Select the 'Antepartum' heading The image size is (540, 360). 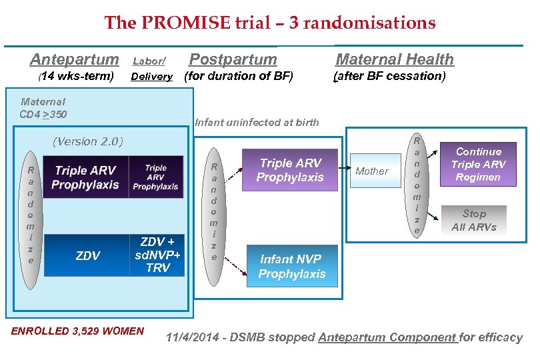point(74,59)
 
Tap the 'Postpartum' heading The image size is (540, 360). point(233,59)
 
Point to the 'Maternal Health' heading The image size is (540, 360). point(394,59)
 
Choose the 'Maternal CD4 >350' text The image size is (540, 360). point(43,108)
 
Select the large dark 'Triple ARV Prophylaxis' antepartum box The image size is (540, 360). point(87,177)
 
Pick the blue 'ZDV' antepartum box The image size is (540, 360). point(87,255)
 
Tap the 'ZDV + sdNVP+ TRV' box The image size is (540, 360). point(157,255)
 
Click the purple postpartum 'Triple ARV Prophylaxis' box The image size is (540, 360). point(290,171)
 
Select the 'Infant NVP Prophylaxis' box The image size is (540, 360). point(292,267)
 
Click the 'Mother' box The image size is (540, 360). point(372,171)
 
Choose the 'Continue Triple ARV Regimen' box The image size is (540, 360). point(478,164)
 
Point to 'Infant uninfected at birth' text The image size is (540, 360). point(257,122)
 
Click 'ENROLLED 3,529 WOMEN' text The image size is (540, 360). point(77,331)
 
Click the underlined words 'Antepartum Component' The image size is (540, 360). point(387,337)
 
